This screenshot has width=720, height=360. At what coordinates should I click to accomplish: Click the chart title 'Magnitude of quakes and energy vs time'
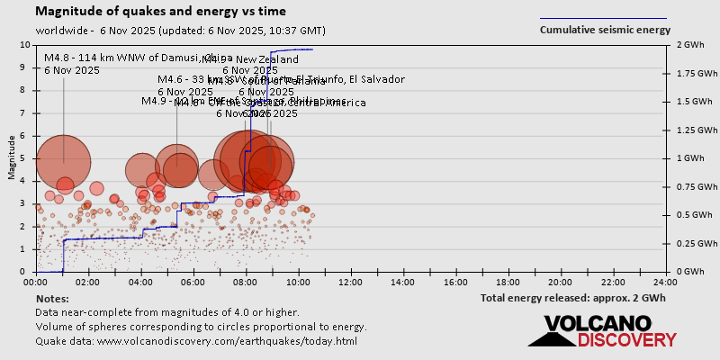160,12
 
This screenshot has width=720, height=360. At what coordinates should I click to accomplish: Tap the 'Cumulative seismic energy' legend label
605,30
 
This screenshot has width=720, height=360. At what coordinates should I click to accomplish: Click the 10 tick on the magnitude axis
24,45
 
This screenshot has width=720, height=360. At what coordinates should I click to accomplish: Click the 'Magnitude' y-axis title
12,158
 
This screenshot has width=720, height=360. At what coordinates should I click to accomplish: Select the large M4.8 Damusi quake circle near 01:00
63,161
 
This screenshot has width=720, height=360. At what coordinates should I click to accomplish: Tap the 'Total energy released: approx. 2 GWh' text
572,298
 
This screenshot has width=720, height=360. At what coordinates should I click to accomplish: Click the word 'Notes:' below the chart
52,298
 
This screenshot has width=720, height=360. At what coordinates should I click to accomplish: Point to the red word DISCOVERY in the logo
626,340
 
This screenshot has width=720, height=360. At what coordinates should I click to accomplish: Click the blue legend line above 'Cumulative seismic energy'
603,18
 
